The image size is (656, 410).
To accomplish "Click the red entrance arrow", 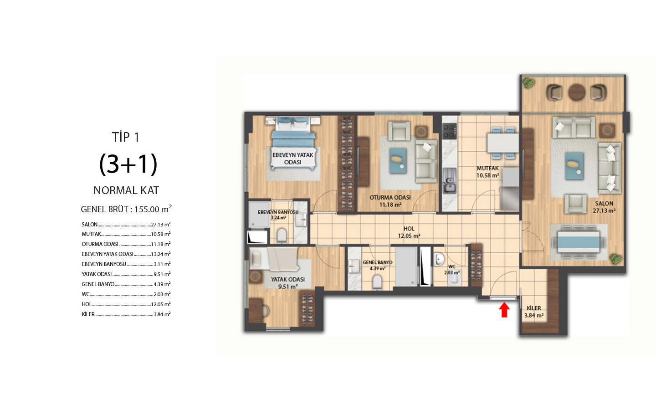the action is click(x=504, y=310).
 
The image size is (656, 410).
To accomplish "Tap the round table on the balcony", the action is click(x=577, y=92).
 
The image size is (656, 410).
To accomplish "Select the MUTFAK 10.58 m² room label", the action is click(x=487, y=172).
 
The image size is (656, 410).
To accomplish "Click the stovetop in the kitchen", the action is click(x=449, y=131).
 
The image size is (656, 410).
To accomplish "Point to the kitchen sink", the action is click(x=450, y=181).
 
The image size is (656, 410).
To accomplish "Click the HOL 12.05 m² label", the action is click(x=409, y=232).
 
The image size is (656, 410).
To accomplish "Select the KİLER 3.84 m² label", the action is click(x=533, y=312).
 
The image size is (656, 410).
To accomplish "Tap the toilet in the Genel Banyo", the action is click(x=378, y=282).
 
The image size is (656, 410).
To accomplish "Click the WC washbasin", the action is click(x=439, y=259).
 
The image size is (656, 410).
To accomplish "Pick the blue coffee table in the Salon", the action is click(x=574, y=166).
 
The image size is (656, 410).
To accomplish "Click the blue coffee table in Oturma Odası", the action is click(x=398, y=161).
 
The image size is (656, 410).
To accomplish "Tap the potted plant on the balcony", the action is click(x=528, y=83).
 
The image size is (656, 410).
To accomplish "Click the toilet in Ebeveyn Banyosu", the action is click(x=282, y=235).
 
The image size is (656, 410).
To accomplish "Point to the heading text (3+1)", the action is click(x=128, y=164).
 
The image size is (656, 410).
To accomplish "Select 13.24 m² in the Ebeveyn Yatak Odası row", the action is click(x=161, y=254).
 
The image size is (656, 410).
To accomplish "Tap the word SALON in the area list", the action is click(x=90, y=225).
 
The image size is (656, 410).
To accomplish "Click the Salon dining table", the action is click(x=579, y=241).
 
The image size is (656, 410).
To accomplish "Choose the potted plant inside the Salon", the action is click(x=615, y=259).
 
